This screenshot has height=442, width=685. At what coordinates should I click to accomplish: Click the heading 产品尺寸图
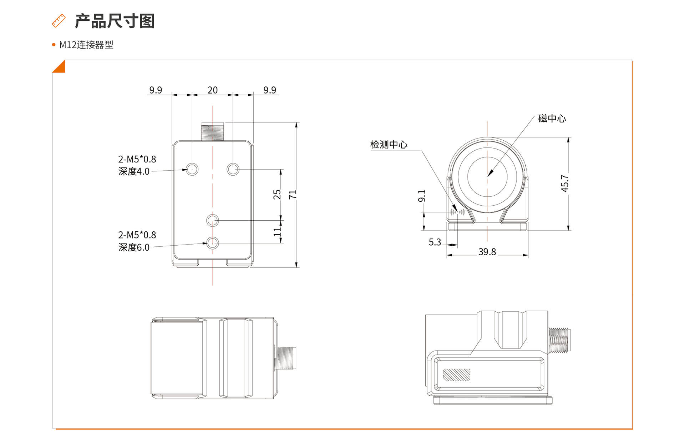(115, 21)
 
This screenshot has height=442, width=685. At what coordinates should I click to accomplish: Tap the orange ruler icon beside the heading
(59, 21)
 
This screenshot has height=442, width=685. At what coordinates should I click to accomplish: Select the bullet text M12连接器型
(86, 45)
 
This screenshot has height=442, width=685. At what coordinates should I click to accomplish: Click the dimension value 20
(212, 90)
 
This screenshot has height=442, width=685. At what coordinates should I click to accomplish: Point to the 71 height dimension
(293, 195)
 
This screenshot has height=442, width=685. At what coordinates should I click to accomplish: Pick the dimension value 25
(277, 195)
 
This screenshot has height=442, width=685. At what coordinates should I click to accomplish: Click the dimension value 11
(277, 232)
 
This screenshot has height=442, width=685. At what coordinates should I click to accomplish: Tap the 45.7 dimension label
(565, 183)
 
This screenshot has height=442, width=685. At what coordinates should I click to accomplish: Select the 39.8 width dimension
(487, 252)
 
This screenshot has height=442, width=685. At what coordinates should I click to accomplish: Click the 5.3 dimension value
(435, 242)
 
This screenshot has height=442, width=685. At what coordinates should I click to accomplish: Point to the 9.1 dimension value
(422, 196)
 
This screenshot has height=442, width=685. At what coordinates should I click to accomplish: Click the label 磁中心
(552, 119)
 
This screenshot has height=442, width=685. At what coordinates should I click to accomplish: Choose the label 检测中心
(389, 145)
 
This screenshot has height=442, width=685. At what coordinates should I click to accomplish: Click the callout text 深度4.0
(134, 171)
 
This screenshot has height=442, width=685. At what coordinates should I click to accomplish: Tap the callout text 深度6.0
(134, 247)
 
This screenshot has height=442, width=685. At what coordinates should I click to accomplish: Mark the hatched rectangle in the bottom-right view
(456, 375)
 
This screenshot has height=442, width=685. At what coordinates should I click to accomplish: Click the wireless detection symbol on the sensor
(457, 212)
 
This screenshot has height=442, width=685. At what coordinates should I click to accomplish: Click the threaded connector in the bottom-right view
(559, 340)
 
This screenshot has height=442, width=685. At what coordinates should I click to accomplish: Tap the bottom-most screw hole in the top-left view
(213, 243)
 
